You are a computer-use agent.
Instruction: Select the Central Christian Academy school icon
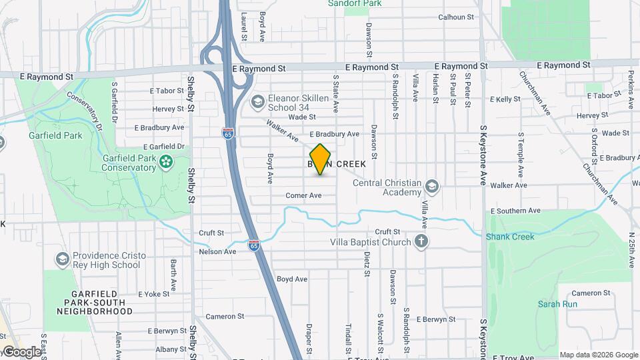(x=432, y=185)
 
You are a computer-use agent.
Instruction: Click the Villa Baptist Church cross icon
(x=421, y=241)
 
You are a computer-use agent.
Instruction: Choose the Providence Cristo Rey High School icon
(x=62, y=259)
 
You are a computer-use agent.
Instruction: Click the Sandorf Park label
(x=355, y=3)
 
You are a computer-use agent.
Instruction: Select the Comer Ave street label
(x=303, y=195)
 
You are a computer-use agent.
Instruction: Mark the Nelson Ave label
(x=218, y=251)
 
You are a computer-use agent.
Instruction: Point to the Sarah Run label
(x=557, y=304)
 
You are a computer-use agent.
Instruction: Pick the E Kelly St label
(x=505, y=99)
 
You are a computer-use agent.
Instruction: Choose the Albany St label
(x=171, y=349)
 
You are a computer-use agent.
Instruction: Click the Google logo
(x=21, y=351)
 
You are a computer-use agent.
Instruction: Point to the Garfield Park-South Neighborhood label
(x=95, y=302)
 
